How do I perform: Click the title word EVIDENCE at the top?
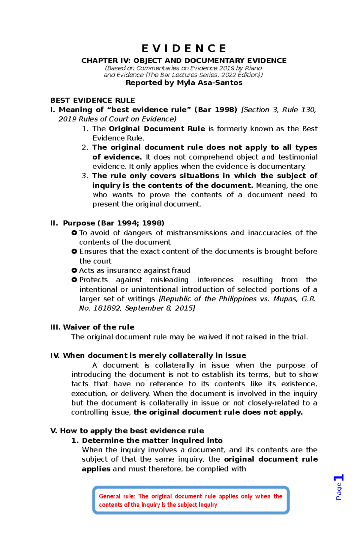tap(184, 49)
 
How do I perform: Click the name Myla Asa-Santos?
tap(209, 83)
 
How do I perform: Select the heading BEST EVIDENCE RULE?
tap(92, 100)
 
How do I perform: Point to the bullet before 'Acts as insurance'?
tap(74, 270)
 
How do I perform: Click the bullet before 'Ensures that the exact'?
tap(74, 251)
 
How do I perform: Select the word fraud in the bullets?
tap(181, 270)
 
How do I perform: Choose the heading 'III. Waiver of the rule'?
tap(92, 327)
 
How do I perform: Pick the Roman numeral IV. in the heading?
tap(55, 355)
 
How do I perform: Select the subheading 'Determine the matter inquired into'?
tap(152, 440)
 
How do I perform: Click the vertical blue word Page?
tap(339, 491)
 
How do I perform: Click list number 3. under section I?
tap(85, 176)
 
